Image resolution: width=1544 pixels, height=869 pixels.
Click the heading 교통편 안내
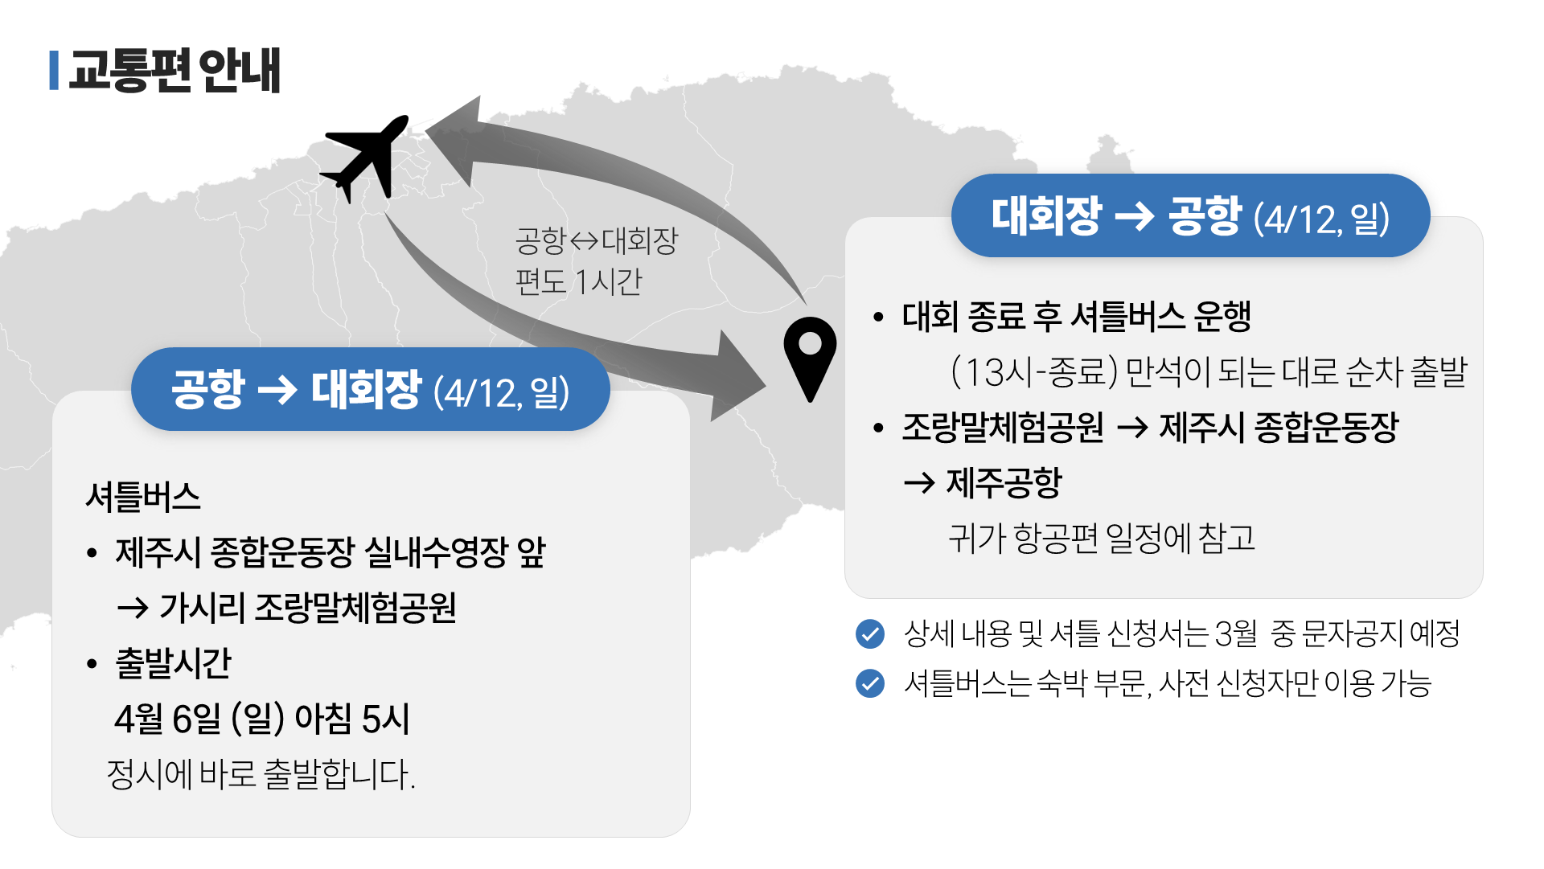coord(175,71)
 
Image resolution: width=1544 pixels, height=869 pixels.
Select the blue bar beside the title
coord(54,71)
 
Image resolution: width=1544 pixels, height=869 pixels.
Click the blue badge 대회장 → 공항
coord(1190,216)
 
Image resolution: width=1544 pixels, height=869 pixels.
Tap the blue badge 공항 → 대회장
coord(370,390)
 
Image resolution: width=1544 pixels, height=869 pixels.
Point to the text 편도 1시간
coord(579,282)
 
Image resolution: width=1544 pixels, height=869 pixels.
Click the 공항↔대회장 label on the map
coord(597,240)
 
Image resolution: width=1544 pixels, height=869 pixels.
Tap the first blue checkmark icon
coord(870,633)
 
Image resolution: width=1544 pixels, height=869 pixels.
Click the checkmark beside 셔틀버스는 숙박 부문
coord(870,683)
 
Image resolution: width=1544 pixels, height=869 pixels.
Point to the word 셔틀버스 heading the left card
coord(143,497)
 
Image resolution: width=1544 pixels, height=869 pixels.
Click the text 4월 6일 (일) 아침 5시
coord(262,719)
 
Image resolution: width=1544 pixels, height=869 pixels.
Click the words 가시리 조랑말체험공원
coord(308,608)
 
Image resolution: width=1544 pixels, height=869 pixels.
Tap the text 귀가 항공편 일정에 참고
coord(1102,538)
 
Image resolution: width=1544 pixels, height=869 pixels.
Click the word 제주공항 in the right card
coord(1004,482)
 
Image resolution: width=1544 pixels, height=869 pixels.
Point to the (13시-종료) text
coord(1034,371)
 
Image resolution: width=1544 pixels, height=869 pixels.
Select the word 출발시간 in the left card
coord(174,663)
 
